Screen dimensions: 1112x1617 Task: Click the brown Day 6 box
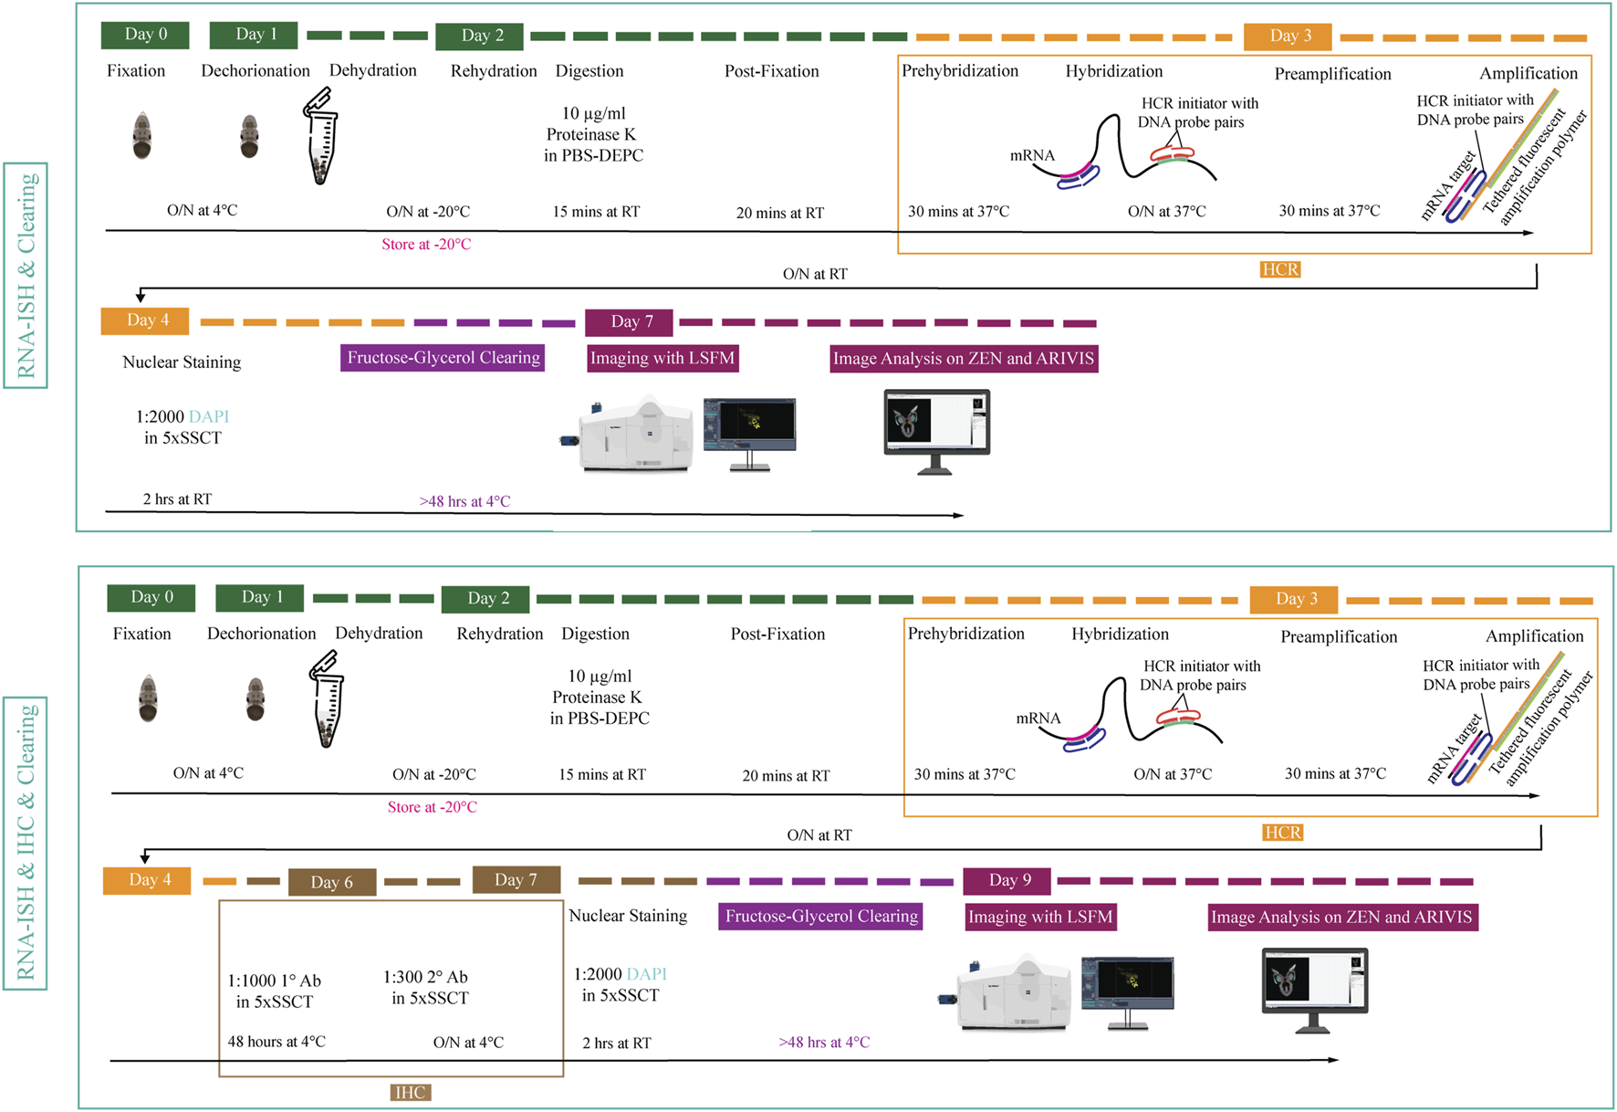click(332, 882)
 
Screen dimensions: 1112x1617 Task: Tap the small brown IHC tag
click(410, 1092)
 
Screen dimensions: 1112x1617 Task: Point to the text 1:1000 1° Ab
click(275, 981)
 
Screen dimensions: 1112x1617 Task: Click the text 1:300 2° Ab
click(425, 977)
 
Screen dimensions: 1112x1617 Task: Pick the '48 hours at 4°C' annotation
click(276, 1042)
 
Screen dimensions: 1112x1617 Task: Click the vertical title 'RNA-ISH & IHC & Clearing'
click(26, 842)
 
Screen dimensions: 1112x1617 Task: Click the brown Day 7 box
click(516, 880)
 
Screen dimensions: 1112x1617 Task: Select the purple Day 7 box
click(630, 321)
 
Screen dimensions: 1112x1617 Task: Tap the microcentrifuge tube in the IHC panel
click(327, 698)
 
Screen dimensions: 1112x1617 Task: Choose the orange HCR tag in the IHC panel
click(1282, 833)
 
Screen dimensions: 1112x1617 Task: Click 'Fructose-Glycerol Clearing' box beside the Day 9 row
click(820, 917)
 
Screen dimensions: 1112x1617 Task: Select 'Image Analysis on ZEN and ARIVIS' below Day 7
click(964, 359)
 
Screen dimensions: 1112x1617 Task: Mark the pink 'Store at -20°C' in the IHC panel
click(432, 807)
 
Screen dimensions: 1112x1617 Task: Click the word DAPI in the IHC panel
click(646, 974)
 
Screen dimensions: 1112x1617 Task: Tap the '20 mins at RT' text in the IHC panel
click(786, 776)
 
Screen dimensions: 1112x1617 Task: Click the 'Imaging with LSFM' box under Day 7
click(662, 358)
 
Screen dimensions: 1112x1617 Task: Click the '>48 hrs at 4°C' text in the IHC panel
click(824, 1043)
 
